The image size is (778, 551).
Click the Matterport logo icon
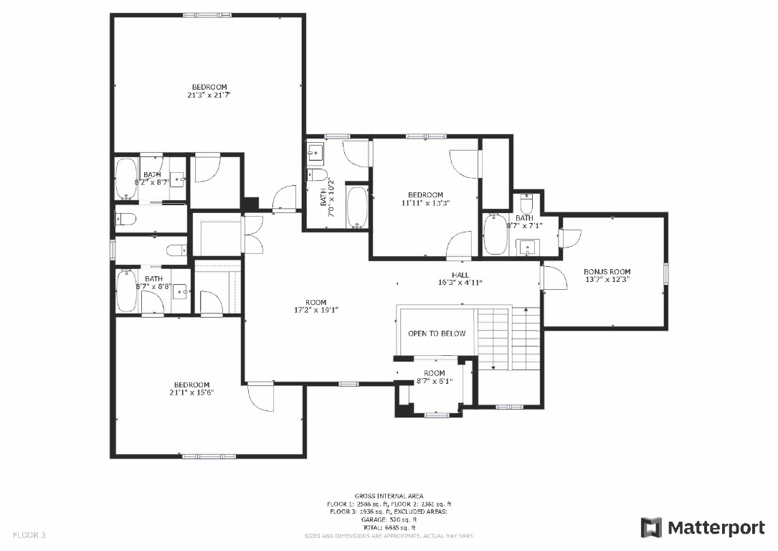[651, 528]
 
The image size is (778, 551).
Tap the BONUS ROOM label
[607, 271]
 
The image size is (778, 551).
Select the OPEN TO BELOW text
[437, 334]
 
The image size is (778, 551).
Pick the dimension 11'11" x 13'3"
[425, 203]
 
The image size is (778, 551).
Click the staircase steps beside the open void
[508, 337]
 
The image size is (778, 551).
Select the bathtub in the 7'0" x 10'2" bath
[356, 207]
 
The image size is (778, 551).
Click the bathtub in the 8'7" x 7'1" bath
[495, 235]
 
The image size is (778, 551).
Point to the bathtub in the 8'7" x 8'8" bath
[128, 291]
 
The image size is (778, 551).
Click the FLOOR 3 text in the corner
[29, 535]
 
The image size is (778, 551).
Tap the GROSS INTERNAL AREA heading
[389, 496]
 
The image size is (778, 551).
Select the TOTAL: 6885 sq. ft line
[389, 527]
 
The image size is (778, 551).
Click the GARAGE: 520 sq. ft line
[389, 519]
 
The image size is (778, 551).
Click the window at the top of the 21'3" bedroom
[201, 14]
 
